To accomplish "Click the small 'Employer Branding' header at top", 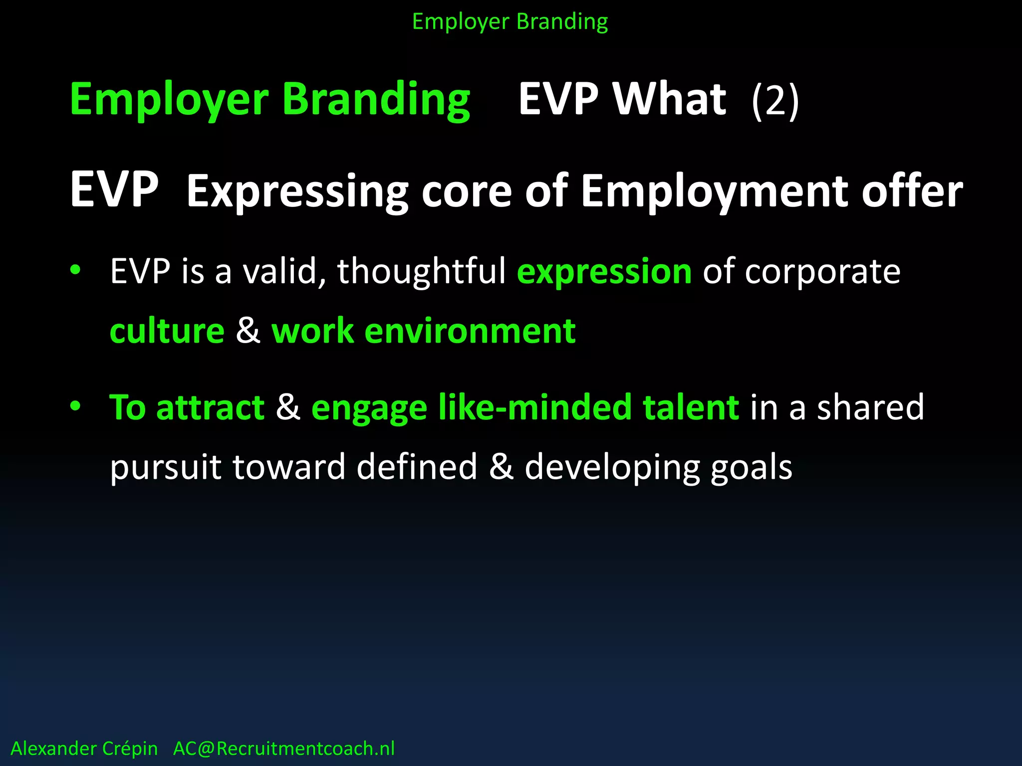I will click(510, 22).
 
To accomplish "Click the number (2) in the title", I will click(775, 100).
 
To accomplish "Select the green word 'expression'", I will click(604, 272).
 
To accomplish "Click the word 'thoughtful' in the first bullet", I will click(422, 272).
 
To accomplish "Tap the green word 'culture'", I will click(167, 331).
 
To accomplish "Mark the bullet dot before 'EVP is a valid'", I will click(75, 270).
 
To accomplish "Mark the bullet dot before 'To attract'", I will click(75, 405).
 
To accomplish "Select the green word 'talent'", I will click(691, 407).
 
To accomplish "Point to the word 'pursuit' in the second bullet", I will click(165, 468).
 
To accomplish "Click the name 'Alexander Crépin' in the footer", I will click(84, 749).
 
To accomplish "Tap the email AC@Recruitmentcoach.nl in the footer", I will click(284, 749).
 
